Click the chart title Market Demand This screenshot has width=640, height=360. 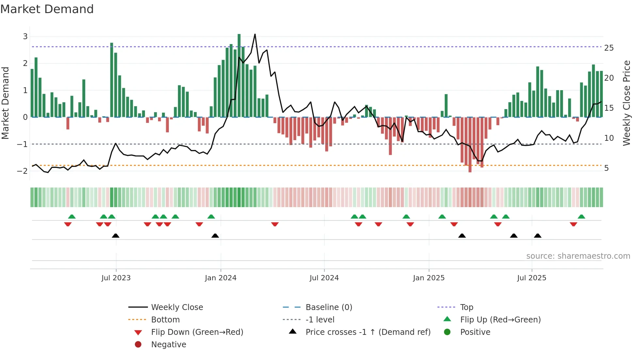click(47, 9)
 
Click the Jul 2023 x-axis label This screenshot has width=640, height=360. click(116, 278)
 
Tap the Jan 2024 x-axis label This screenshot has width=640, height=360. click(220, 278)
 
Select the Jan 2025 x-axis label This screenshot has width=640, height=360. click(428, 278)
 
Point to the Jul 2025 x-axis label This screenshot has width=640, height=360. click(531, 278)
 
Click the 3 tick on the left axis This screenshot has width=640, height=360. click(25, 37)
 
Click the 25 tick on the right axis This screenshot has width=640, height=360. click(609, 48)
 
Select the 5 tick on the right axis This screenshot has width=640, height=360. click(606, 168)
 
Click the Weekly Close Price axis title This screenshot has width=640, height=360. click(626, 103)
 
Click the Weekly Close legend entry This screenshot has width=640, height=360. click(177, 307)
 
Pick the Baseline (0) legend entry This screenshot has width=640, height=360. click(328, 307)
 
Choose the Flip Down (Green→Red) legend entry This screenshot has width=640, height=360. click(197, 332)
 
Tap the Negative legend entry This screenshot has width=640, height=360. click(168, 345)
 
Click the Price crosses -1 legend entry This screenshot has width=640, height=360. click(368, 332)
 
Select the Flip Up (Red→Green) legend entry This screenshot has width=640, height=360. click(500, 320)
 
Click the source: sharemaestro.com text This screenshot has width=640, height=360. click(578, 256)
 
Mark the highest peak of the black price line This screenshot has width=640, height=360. click(255, 34)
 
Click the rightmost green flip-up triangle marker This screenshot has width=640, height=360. click(581, 217)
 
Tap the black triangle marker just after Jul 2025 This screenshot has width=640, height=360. click(537, 236)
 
